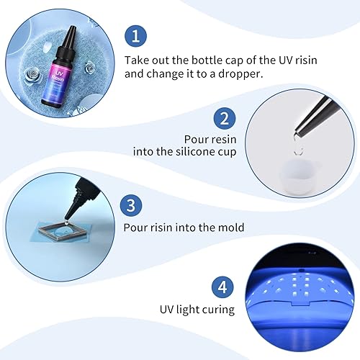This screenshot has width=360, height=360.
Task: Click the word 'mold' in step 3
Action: [230, 228]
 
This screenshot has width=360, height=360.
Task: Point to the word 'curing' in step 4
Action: [217, 310]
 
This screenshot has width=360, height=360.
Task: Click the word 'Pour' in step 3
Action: [137, 228]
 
